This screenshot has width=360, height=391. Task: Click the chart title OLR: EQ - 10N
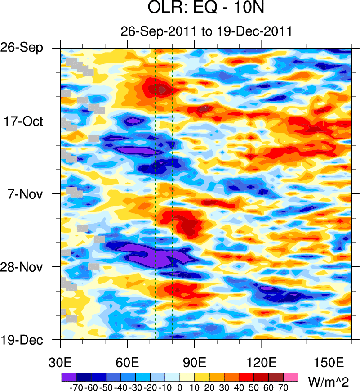click(206, 9)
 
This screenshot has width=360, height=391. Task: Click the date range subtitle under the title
click(206, 31)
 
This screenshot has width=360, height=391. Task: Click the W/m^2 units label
click(328, 382)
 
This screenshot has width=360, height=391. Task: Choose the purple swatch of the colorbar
click(68, 376)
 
